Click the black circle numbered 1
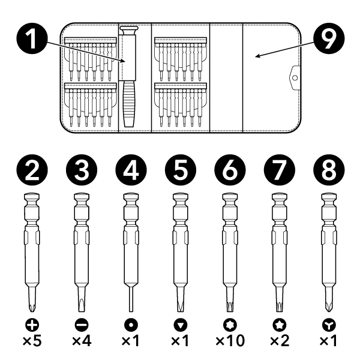pos(32,38)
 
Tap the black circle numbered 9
pos(329,38)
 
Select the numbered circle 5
pos(181,170)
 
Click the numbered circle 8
pos(329,170)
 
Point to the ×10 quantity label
pos(230,340)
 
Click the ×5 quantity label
pos(32,340)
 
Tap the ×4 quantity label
pos(82,340)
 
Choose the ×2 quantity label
pos(280,340)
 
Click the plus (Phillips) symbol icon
pos(32,325)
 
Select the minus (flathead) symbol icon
pos(82,325)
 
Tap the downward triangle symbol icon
pos(181,325)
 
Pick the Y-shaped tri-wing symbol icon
pos(329,325)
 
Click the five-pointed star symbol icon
pos(280,325)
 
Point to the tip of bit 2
pos(32,311)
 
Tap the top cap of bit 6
pos(230,197)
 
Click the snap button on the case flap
pos(295,78)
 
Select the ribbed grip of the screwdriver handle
pos(129,104)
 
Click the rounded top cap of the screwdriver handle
pos(130,29)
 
